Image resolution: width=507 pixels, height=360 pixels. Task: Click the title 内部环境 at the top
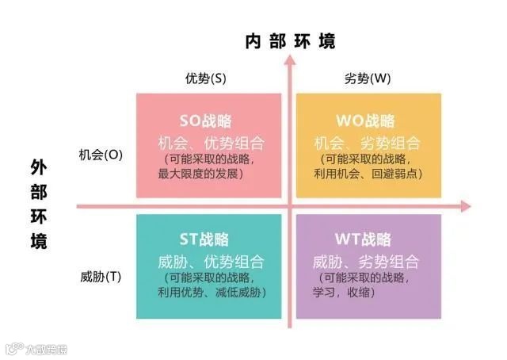[x=290, y=41]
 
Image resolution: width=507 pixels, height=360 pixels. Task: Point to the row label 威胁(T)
[x=101, y=277]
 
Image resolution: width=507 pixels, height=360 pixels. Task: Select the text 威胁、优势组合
[x=208, y=262]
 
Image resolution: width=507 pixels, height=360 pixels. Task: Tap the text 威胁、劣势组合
[x=367, y=262]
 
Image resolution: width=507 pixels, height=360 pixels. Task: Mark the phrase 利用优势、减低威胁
[x=212, y=292]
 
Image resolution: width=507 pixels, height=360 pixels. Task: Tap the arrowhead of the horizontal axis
[x=465, y=206]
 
